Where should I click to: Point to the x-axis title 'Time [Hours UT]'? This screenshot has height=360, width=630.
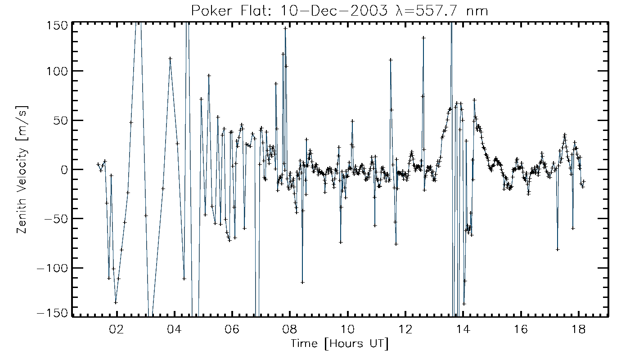339,344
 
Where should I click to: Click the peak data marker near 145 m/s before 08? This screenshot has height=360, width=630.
285,28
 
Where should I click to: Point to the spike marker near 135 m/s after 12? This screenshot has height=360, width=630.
423,38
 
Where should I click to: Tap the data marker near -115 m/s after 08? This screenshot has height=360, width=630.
302,282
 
